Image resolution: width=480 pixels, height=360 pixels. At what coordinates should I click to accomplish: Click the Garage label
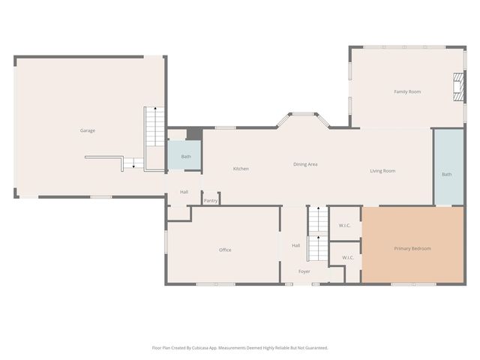(88, 130)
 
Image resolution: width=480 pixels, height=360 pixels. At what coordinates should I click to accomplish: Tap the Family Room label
(407, 91)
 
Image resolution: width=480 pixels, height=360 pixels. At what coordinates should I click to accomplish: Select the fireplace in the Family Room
(458, 87)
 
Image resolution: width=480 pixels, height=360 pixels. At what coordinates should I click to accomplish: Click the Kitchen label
(241, 169)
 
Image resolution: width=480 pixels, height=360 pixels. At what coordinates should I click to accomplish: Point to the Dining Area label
(305, 164)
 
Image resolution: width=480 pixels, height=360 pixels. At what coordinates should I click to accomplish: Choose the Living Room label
(382, 171)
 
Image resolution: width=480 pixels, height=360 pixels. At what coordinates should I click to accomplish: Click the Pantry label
(211, 200)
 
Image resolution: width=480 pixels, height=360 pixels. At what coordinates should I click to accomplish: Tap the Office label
(225, 250)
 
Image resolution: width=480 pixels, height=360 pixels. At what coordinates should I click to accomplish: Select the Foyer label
(304, 271)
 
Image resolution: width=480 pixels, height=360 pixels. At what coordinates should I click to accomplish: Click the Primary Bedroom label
(412, 248)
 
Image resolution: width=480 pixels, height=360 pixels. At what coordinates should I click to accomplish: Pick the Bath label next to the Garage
(186, 157)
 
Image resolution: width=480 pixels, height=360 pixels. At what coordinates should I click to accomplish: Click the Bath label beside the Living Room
(447, 174)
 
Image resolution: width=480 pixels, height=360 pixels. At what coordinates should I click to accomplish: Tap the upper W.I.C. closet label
(344, 226)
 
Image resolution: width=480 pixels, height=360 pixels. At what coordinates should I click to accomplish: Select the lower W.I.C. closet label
(348, 258)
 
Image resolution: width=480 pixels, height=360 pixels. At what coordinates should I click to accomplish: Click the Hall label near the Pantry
(184, 192)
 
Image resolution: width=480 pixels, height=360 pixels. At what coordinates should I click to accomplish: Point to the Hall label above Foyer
(295, 245)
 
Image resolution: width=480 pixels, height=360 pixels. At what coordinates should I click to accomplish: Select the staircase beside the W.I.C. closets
(318, 234)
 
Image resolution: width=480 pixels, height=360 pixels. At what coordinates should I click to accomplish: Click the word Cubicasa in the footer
(200, 348)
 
